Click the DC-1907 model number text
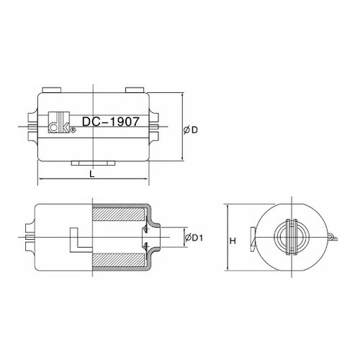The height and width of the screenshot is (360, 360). [x=111, y=122]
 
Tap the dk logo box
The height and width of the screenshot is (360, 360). [x=59, y=122]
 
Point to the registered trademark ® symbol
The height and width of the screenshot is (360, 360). [x=73, y=130]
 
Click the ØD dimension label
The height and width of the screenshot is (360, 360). [x=191, y=130]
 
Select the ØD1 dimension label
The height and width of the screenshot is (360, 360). [x=194, y=238]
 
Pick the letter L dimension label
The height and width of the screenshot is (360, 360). [x=92, y=174]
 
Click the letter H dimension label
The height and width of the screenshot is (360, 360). [x=233, y=240]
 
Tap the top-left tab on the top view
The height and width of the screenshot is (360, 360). [x=52, y=90]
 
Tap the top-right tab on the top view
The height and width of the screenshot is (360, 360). [x=135, y=90]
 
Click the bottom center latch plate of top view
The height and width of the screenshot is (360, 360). [x=93, y=163]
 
